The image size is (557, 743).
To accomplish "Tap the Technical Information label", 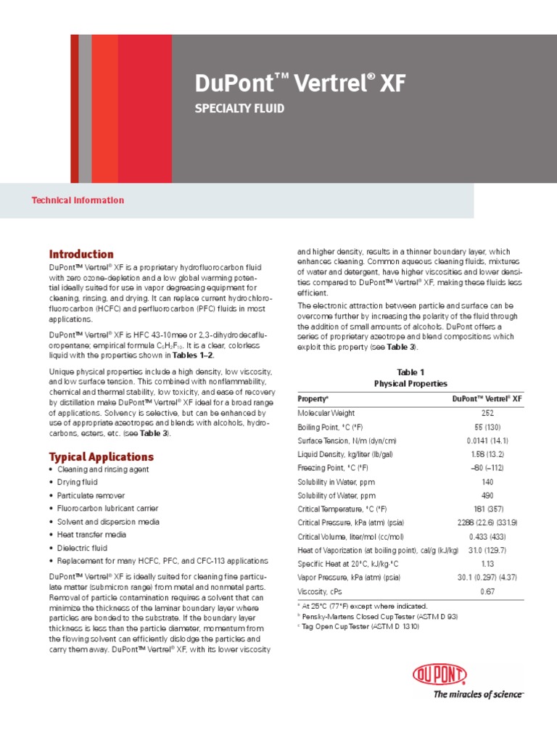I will [78, 200].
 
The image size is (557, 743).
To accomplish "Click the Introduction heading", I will [81, 255].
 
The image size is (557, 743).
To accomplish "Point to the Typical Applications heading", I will [101, 457].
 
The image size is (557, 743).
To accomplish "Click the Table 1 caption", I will [410, 371].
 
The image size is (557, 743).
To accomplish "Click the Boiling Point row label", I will [334, 427].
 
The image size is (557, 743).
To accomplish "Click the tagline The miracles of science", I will [478, 695].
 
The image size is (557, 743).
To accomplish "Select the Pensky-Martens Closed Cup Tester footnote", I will [378, 616].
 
